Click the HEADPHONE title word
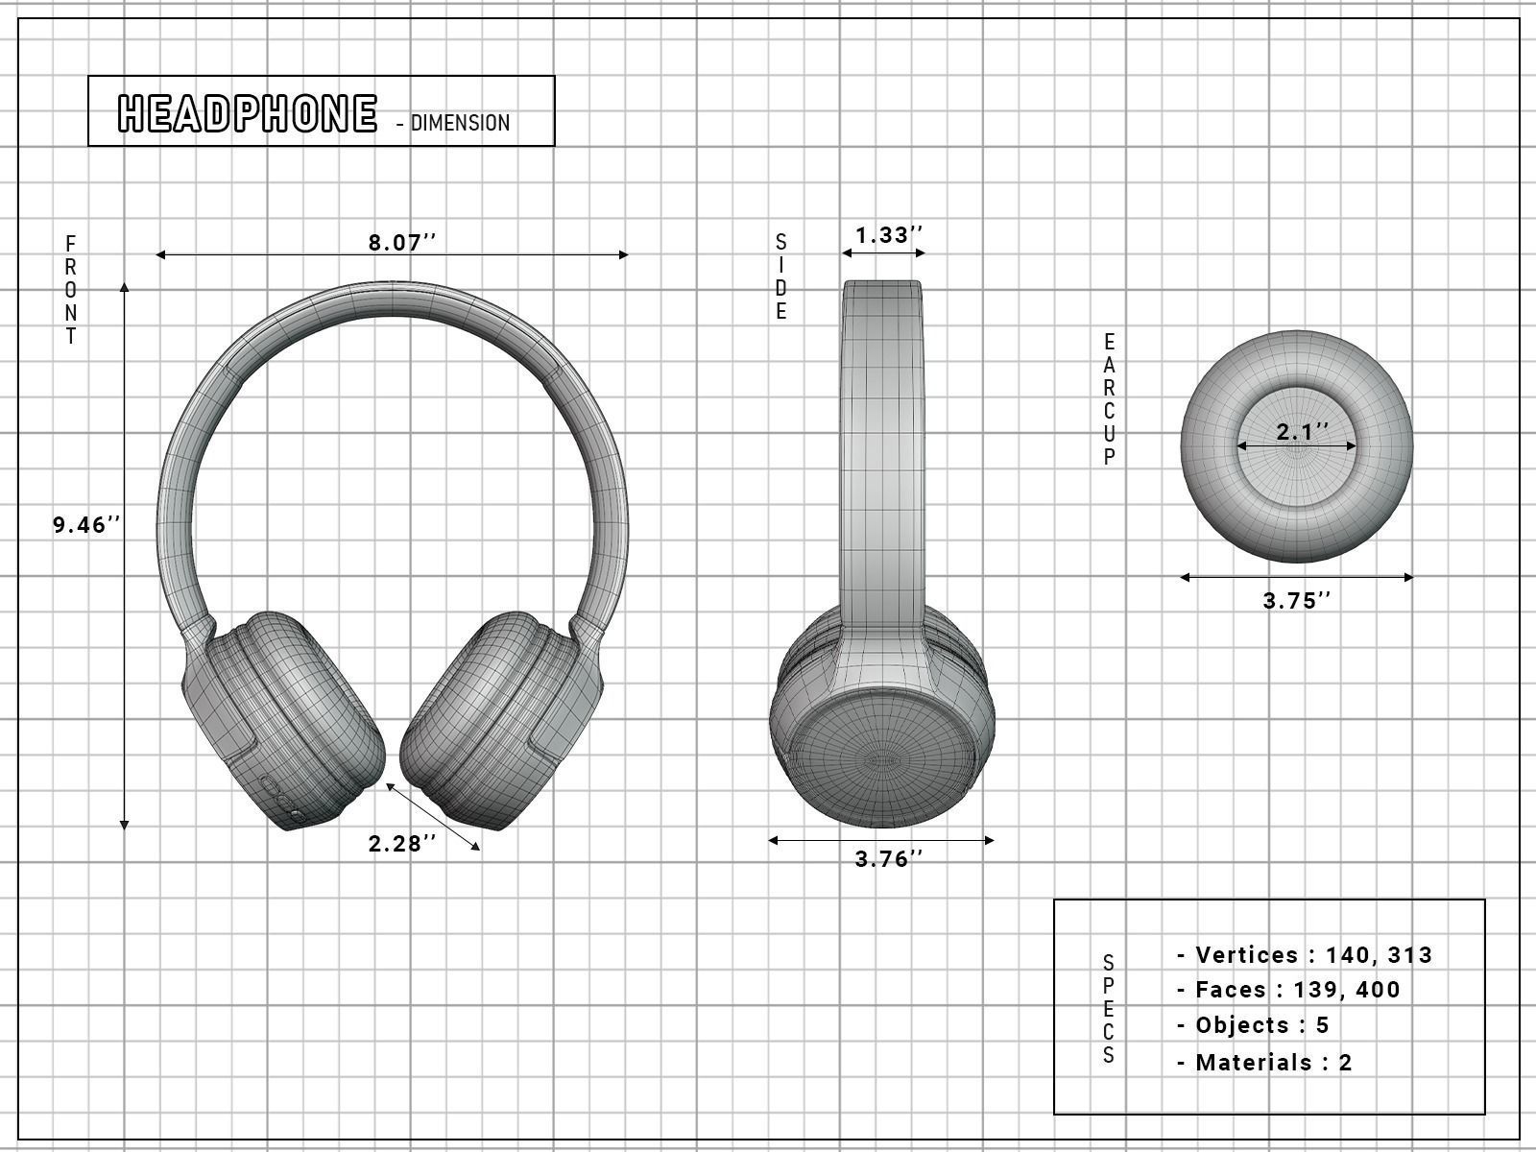click(247, 113)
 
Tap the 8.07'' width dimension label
click(401, 242)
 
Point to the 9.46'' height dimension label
click(86, 524)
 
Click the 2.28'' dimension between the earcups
click(401, 844)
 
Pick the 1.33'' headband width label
click(888, 235)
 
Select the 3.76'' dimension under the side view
click(888, 859)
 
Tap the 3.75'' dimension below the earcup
click(1297, 601)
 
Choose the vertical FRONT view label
click(71, 289)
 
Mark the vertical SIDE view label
click(781, 276)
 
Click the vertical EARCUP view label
click(1109, 399)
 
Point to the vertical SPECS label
click(1109, 1009)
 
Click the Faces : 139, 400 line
click(1288, 990)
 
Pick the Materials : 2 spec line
click(1264, 1063)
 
